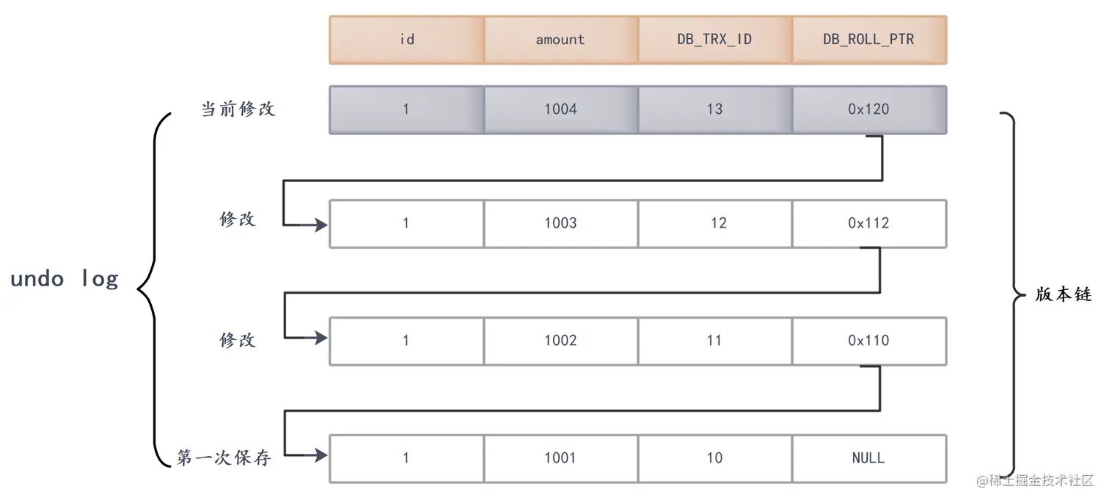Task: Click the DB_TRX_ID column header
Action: pyautogui.click(x=714, y=40)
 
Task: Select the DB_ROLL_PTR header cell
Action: pyautogui.click(x=869, y=40)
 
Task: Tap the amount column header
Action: pyautogui.click(x=560, y=40)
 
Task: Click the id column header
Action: pyautogui.click(x=407, y=40)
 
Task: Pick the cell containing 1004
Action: pyautogui.click(x=560, y=109)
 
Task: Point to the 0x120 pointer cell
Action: pyautogui.click(x=869, y=109)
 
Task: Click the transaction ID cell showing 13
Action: pyautogui.click(x=714, y=109)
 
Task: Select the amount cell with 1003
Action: pyautogui.click(x=560, y=223)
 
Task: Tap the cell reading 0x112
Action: pyautogui.click(x=869, y=223)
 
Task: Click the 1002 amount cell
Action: pyautogui.click(x=560, y=341)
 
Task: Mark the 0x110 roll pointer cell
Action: pyautogui.click(x=869, y=341)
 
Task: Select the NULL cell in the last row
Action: pyautogui.click(x=869, y=458)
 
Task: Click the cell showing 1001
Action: pyautogui.click(x=560, y=458)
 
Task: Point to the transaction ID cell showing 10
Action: pyautogui.click(x=714, y=458)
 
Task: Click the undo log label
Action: pyautogui.click(x=65, y=279)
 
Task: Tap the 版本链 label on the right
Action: pyautogui.click(x=1064, y=295)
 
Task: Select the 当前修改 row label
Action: pyautogui.click(x=238, y=109)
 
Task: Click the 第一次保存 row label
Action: pyautogui.click(x=224, y=458)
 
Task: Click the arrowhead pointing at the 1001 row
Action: pyautogui.click(x=321, y=456)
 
